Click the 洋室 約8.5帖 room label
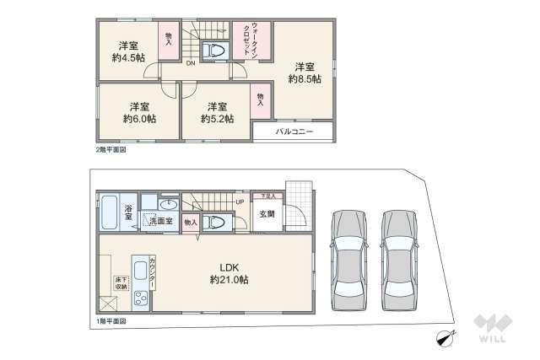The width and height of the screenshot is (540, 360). [304, 73]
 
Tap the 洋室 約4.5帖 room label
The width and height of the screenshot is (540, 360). [127, 51]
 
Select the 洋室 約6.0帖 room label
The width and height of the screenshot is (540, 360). [139, 113]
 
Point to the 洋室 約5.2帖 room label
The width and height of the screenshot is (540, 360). [217, 113]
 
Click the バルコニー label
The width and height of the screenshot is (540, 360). [294, 133]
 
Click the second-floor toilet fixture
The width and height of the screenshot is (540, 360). [215, 49]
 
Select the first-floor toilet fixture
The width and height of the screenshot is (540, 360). [215, 222]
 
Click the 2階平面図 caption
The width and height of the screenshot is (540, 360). [111, 150]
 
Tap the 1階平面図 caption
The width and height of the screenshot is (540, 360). [111, 321]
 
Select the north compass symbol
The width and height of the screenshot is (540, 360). [444, 339]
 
